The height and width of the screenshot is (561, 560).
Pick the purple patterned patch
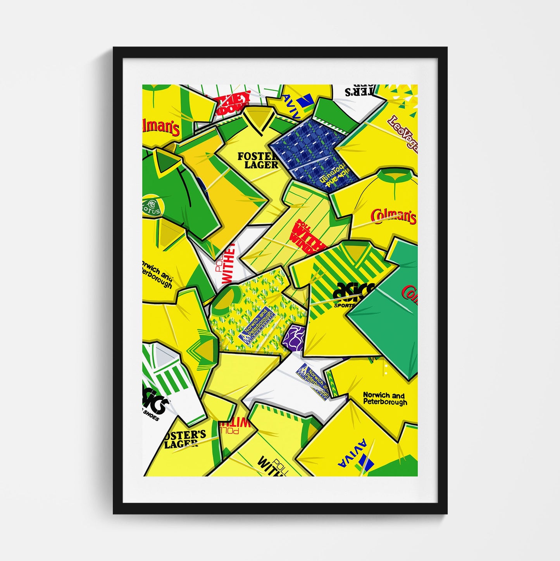coord(294,337)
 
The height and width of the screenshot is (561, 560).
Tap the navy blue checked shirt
coord(308,145)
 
